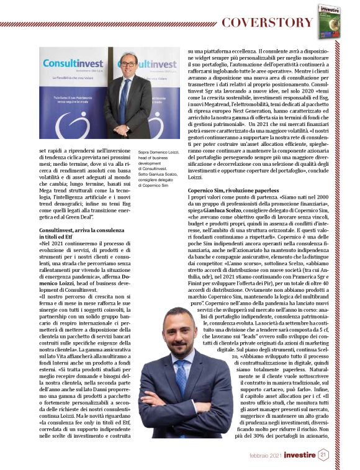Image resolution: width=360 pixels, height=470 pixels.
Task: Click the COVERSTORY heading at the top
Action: tap(266, 23)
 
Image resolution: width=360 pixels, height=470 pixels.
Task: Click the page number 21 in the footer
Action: tap(323, 455)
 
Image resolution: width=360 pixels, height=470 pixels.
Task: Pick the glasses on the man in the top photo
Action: tap(128, 63)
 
